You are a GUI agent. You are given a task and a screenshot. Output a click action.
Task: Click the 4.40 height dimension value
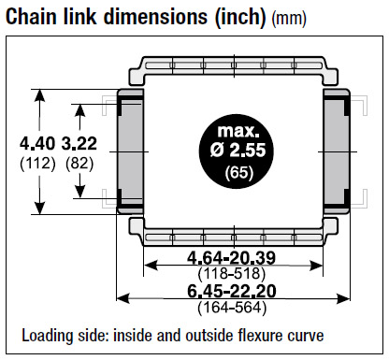[x=37, y=144]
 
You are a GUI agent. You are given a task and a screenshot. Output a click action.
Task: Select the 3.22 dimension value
[x=79, y=144]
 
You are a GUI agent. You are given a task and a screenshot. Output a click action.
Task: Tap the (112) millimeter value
[x=37, y=164]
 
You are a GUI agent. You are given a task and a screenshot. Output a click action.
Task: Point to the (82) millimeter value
[x=79, y=164]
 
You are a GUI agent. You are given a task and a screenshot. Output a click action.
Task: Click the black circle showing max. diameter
[x=236, y=151]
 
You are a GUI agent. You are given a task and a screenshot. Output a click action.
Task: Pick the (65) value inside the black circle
[x=239, y=172]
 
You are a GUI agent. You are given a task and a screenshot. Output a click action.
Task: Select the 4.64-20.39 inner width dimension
[x=232, y=258]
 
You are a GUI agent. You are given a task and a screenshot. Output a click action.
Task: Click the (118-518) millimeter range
[x=232, y=273]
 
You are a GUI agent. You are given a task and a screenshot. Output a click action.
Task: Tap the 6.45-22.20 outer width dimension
[x=232, y=291]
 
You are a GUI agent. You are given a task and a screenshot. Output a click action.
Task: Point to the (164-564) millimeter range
[x=232, y=308]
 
